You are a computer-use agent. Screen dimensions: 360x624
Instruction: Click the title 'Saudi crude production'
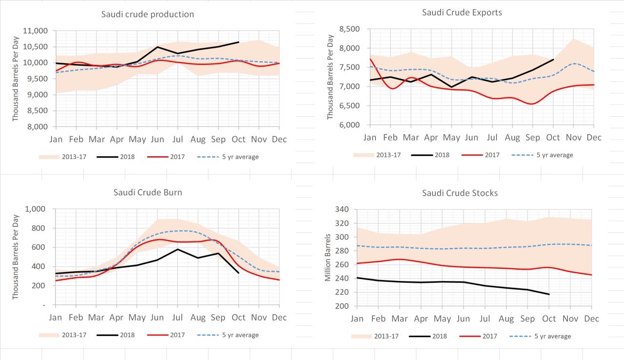(x=147, y=14)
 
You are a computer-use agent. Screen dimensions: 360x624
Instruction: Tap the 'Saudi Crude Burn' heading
(x=148, y=192)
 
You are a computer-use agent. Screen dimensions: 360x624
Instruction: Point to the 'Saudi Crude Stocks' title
(x=460, y=193)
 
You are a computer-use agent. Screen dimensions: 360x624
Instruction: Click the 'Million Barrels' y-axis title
(x=329, y=258)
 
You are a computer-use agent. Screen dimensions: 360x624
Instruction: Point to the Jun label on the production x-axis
(x=157, y=140)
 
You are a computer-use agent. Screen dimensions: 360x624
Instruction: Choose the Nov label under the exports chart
(x=573, y=138)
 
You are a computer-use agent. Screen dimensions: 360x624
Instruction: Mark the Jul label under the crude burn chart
(x=177, y=318)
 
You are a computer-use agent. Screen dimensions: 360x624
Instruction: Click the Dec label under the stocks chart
(x=591, y=319)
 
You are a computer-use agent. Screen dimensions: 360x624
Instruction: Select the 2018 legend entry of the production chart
(x=115, y=157)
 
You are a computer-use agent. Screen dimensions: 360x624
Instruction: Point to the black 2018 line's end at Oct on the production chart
(x=238, y=42)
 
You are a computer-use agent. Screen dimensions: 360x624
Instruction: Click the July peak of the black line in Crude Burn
(x=177, y=249)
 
